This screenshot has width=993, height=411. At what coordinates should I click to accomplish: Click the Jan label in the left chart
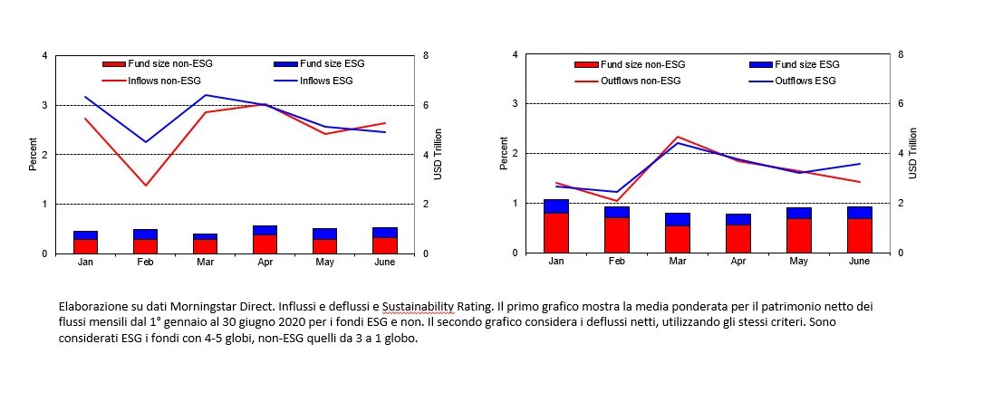(x=85, y=262)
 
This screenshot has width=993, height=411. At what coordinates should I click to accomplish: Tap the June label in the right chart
(x=860, y=261)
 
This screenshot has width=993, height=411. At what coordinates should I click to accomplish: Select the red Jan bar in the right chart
(x=555, y=233)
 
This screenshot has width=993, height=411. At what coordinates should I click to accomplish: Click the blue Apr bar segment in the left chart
(x=265, y=230)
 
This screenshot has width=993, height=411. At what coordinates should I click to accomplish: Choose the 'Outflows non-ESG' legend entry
(x=640, y=81)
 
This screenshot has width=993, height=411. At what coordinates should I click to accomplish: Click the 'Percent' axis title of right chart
(x=504, y=154)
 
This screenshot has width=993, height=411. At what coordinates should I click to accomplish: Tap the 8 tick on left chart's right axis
(x=427, y=56)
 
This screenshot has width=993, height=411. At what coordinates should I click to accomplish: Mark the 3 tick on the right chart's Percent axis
(x=515, y=104)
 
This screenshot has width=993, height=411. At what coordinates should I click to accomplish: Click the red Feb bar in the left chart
(x=145, y=246)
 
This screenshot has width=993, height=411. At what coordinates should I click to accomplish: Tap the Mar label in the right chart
(x=677, y=261)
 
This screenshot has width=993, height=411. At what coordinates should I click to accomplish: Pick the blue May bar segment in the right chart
(x=799, y=213)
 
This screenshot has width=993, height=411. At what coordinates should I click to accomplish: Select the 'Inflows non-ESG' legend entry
(x=163, y=81)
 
